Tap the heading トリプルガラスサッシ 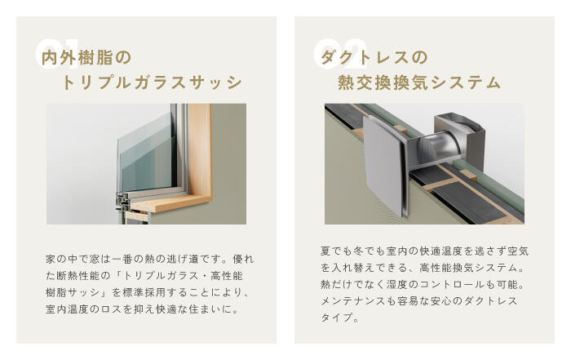153,83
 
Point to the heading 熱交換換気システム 419,83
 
